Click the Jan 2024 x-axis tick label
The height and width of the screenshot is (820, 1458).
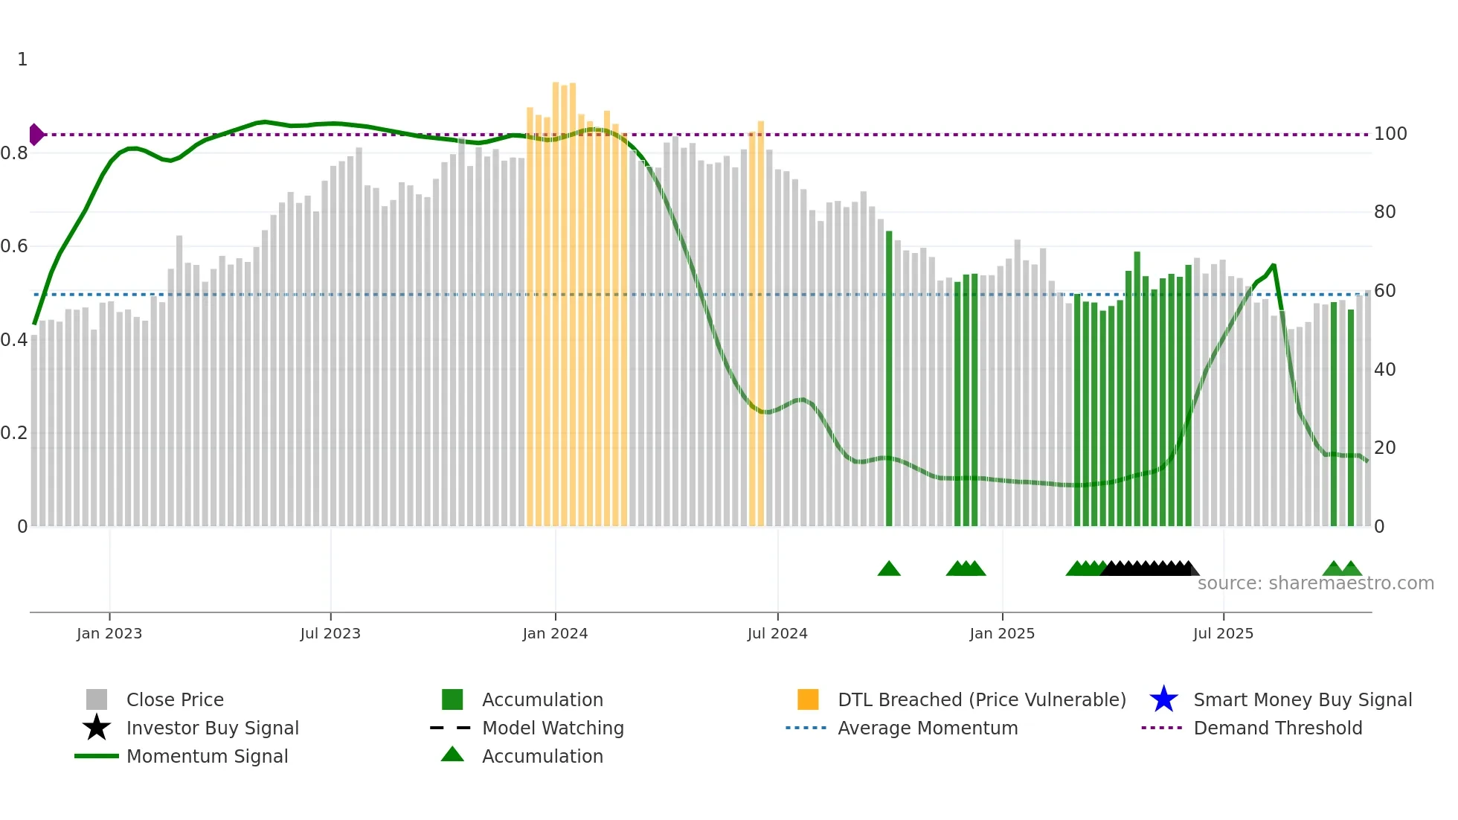click(x=555, y=633)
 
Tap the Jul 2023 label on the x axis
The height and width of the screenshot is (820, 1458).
click(x=330, y=633)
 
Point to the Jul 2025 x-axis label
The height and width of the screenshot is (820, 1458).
click(x=1223, y=633)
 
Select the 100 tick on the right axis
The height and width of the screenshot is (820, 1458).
click(x=1390, y=134)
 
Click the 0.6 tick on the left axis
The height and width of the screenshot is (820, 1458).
click(x=14, y=246)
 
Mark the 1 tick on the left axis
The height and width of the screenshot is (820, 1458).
click(x=22, y=60)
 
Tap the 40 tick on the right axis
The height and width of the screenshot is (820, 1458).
click(x=1384, y=370)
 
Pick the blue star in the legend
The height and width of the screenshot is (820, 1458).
click(x=1163, y=699)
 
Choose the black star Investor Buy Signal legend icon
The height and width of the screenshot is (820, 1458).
click(x=97, y=728)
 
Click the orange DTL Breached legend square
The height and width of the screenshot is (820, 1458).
click(x=808, y=699)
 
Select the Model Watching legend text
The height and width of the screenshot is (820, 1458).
click(x=553, y=728)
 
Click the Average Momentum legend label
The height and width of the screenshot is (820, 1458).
click(x=928, y=728)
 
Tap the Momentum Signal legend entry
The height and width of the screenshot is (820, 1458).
click(x=207, y=756)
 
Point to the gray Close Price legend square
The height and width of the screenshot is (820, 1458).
click(x=97, y=699)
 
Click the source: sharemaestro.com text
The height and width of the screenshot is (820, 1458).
click(x=1315, y=583)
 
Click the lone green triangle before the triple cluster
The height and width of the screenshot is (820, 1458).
click(x=889, y=569)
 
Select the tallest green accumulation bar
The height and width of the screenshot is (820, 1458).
click(x=1137, y=387)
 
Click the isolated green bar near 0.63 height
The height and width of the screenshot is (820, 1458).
click(x=889, y=379)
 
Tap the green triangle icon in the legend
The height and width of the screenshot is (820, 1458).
click(x=452, y=755)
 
